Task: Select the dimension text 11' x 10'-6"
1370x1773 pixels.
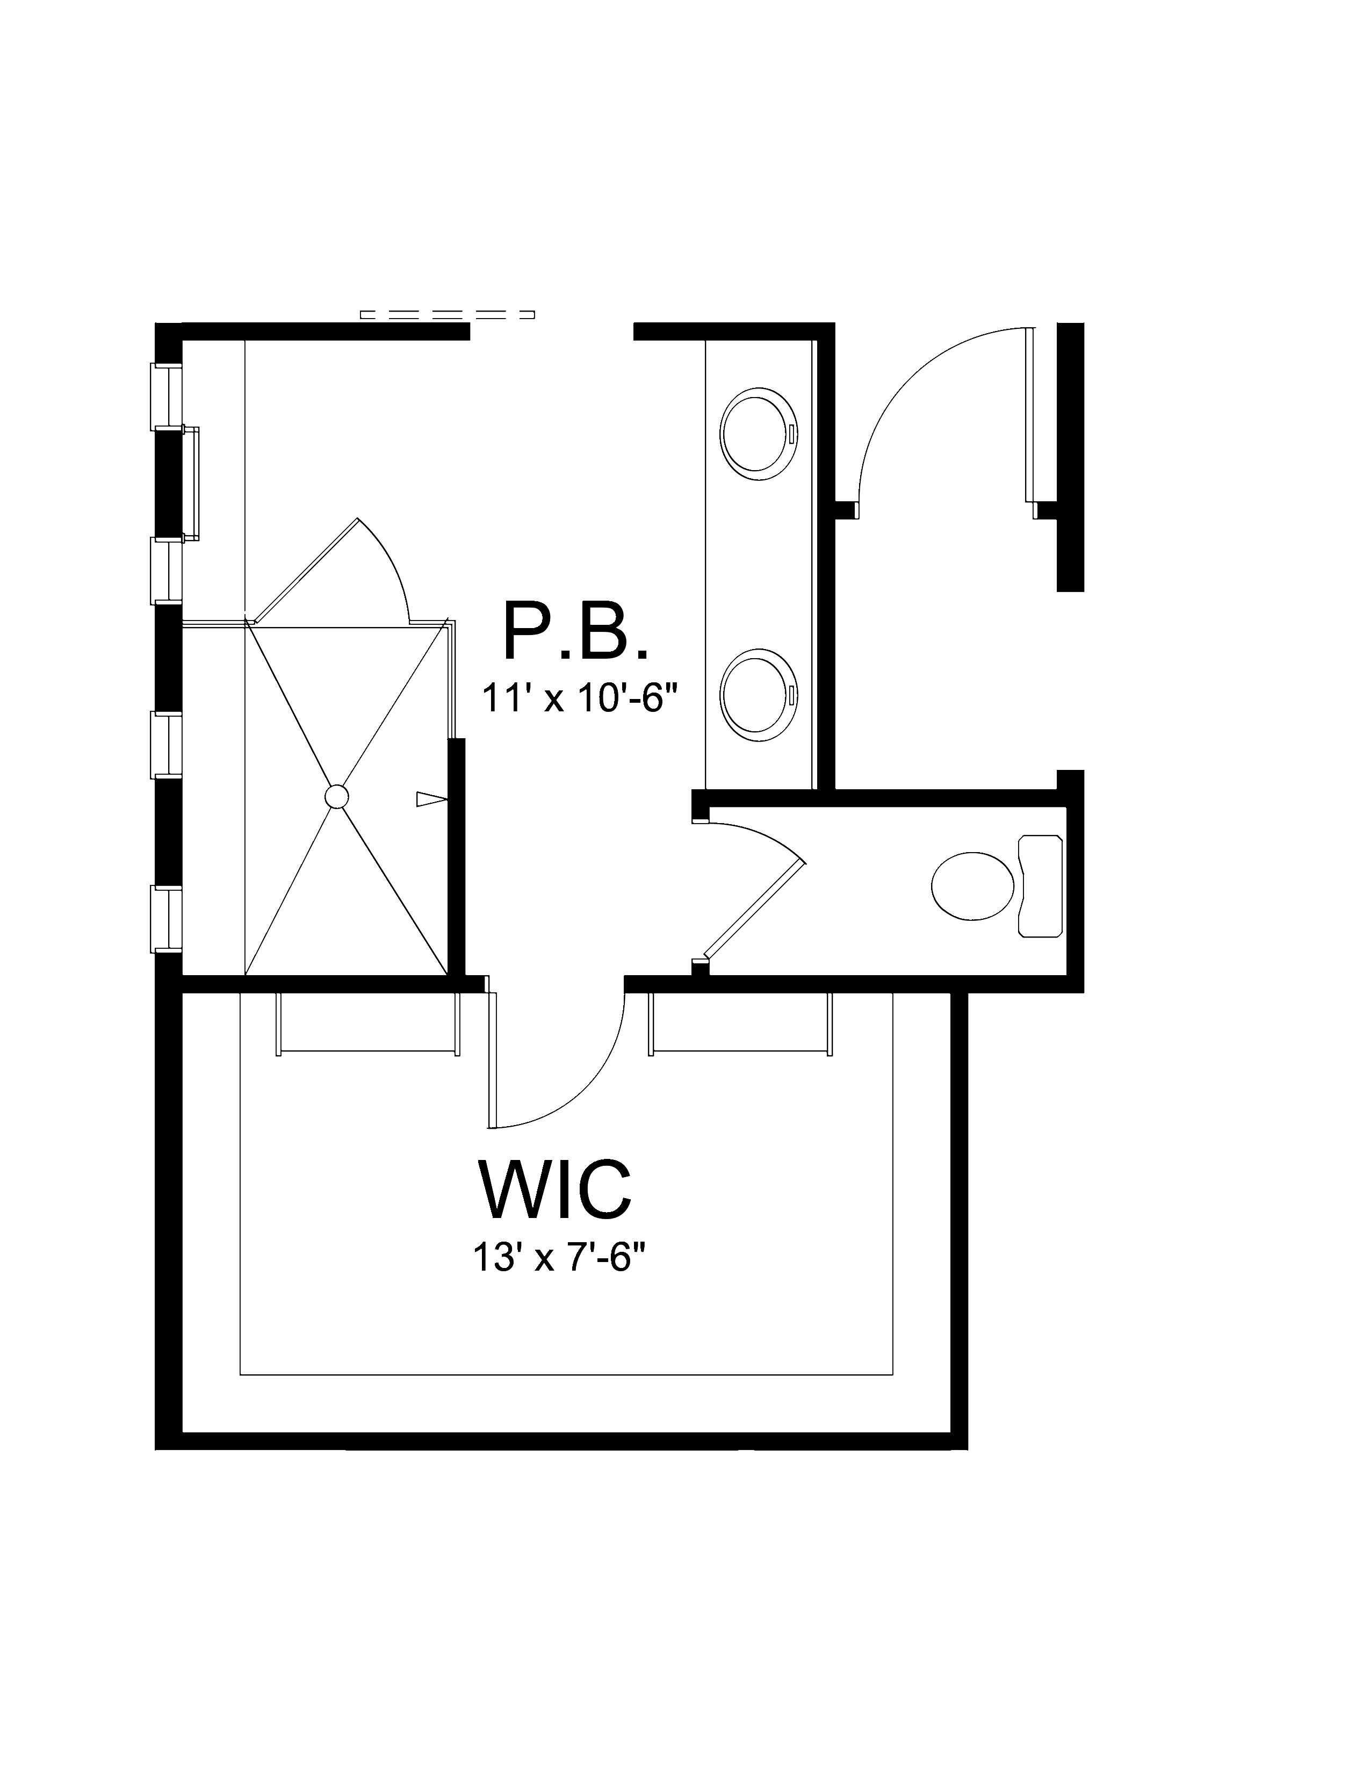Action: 579,697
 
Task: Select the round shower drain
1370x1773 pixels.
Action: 336,796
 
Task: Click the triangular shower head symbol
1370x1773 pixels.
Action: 431,799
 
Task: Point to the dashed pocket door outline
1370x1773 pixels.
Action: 446,314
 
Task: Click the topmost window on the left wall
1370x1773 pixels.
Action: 167,395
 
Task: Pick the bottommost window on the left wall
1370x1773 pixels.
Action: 167,918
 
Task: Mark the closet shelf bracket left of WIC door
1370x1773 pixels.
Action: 367,1052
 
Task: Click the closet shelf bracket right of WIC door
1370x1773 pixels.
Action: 740,1052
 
